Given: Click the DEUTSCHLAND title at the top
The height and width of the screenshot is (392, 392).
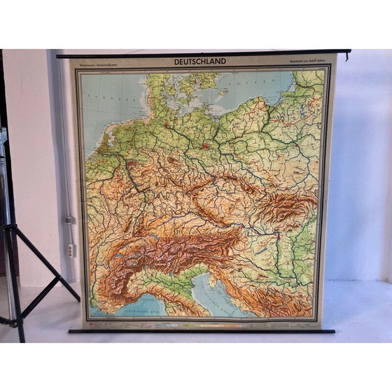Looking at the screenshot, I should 200,62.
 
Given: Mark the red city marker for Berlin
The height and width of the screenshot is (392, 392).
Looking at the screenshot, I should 204,146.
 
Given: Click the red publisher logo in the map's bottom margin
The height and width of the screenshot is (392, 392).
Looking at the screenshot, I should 89,323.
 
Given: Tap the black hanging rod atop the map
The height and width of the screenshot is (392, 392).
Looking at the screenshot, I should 203,55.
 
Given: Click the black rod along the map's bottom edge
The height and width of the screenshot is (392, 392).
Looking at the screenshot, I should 203,330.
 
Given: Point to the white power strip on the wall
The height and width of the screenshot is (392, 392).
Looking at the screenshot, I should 70,249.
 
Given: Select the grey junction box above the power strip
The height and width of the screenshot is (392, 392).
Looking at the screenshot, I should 70,220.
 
